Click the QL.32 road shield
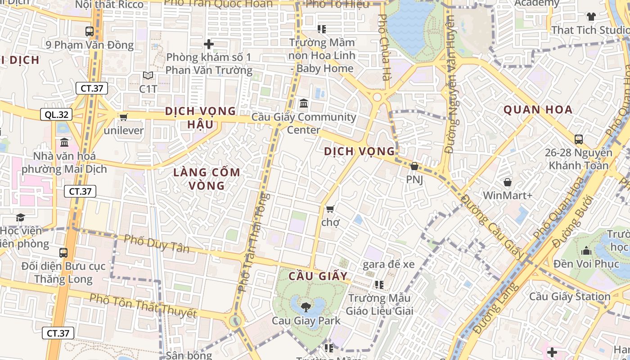(x=57, y=114)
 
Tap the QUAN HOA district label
(x=538, y=109)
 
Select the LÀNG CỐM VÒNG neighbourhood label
(x=207, y=179)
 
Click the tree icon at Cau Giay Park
(x=306, y=307)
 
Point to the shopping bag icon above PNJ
(x=414, y=166)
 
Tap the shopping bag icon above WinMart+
(x=508, y=182)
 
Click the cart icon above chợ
(x=330, y=209)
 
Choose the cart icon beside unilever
(x=123, y=117)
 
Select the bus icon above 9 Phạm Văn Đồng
(x=90, y=31)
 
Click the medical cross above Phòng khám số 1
(x=208, y=44)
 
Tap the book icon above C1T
(x=148, y=76)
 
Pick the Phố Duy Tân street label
(x=157, y=243)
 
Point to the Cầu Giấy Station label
(x=569, y=297)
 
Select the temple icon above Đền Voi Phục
(x=586, y=251)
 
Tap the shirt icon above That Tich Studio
(x=591, y=17)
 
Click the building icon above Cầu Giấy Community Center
(x=304, y=104)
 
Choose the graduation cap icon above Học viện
(x=20, y=218)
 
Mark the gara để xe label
(x=388, y=264)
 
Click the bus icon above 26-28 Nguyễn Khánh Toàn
(x=579, y=139)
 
